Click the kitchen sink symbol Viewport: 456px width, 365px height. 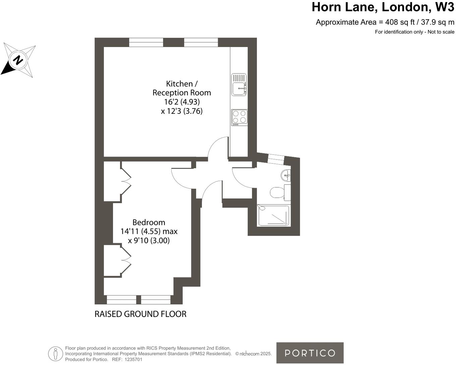(239, 85)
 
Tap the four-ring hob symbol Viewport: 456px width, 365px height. (239, 117)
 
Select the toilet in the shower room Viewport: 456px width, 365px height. (277, 193)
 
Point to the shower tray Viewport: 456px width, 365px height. (274, 216)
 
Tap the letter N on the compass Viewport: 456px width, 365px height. (18, 60)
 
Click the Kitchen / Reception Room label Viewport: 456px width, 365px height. (181, 88)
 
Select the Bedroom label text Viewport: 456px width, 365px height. (149, 222)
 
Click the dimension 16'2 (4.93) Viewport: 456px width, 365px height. (181, 102)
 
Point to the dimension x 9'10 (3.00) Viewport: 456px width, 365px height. (149, 240)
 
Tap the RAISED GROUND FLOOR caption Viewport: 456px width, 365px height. (140, 314)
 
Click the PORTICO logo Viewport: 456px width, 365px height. (310, 353)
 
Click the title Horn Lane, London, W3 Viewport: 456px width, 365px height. (383, 7)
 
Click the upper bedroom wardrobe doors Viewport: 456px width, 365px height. (126, 181)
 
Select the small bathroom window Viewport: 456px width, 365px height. (276, 159)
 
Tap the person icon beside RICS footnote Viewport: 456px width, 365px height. (56, 354)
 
